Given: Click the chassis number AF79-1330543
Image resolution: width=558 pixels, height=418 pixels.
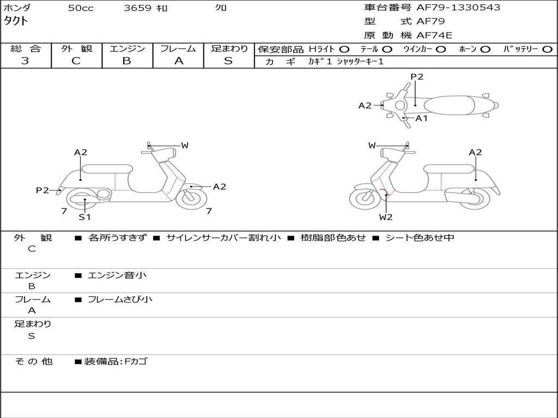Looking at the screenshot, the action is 458,8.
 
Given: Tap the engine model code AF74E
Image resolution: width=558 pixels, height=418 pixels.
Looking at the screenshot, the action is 434,35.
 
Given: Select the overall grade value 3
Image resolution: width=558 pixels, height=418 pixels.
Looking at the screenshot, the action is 25,61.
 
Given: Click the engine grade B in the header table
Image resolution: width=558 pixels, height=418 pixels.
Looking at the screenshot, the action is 126,61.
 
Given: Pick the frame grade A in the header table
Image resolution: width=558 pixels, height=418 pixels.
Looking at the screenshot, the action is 179,61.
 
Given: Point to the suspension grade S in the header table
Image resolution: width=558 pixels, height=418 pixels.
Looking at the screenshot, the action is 228,61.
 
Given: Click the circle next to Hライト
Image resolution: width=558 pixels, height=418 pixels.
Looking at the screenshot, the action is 344,50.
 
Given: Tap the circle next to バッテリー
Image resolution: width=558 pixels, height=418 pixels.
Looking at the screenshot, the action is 547,50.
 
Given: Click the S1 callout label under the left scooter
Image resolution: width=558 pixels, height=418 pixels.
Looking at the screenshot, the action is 84,217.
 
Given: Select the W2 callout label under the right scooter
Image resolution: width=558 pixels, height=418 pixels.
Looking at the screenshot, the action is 386,217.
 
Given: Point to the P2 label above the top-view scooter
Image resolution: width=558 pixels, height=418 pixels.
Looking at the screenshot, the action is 417,77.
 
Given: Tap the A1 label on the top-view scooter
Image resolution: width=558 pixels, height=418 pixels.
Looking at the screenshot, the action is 421,118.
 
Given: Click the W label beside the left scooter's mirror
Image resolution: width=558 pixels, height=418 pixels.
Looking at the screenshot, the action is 185,145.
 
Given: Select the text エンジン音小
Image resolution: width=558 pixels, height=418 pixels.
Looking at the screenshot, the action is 117,275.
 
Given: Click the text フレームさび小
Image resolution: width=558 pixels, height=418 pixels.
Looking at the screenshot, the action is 120,300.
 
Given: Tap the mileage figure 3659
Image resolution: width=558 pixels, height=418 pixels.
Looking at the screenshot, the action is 138,8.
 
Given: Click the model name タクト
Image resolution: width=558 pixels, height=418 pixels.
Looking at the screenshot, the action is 16,21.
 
